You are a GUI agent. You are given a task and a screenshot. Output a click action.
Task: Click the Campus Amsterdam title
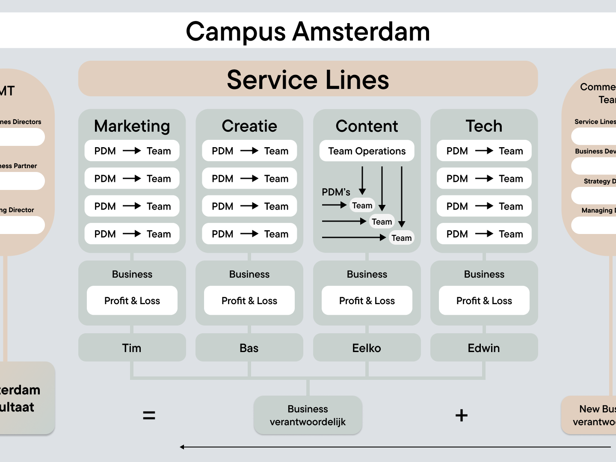coord(308,32)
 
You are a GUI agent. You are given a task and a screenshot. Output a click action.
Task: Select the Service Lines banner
coord(308,79)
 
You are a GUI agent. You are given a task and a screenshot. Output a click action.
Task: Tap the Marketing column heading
coord(132,126)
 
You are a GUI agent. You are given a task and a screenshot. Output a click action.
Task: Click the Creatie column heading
coord(249,126)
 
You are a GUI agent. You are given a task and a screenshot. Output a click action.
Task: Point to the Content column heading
coord(367,126)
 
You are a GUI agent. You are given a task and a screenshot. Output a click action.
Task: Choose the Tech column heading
coord(484,126)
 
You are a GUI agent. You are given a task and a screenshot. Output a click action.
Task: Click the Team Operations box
coord(367,151)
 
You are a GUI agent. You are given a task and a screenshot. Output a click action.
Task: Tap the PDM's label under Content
coord(336,192)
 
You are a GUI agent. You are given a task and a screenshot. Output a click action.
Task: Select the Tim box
coord(132,348)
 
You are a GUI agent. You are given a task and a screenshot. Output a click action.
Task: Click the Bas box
coord(249,348)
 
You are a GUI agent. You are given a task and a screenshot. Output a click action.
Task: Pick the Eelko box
coord(367,348)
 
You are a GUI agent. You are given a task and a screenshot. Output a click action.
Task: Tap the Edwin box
coord(484,348)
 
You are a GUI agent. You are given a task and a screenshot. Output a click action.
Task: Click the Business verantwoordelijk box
coord(308,415)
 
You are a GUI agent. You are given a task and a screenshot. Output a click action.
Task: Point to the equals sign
coord(149,415)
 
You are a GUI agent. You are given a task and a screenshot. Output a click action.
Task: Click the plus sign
coord(461,415)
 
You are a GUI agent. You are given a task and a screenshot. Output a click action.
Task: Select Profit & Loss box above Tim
coord(132,301)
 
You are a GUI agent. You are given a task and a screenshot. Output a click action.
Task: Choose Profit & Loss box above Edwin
coord(484,301)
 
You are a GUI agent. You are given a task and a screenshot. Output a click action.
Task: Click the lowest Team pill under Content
coord(401,238)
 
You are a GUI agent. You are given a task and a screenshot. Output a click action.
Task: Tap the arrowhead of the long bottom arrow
coord(182,447)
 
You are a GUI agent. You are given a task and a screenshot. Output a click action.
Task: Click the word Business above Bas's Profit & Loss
coord(249,274)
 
